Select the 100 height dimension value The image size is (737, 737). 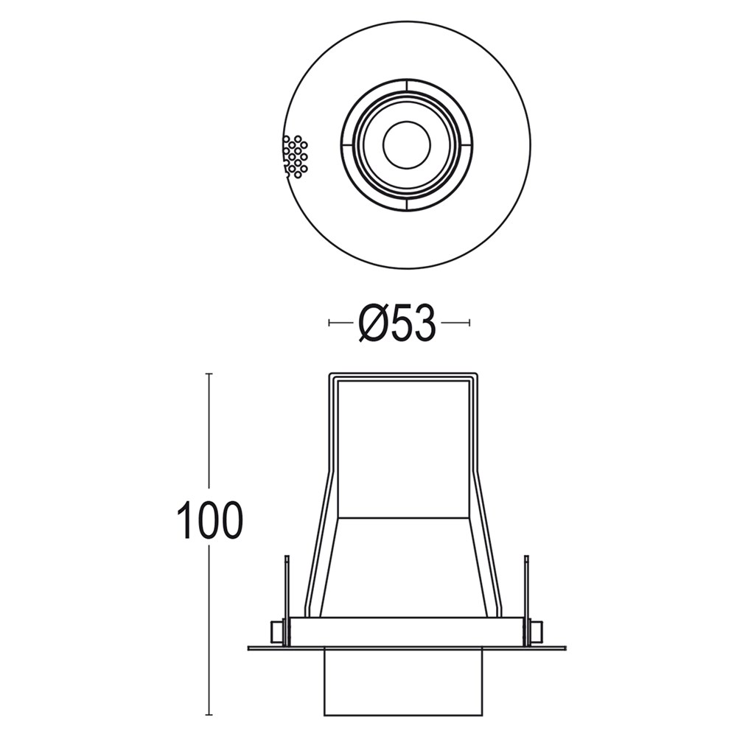209,521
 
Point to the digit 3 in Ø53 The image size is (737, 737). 425,324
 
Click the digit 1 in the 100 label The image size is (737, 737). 184,521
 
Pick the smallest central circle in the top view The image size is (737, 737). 406,144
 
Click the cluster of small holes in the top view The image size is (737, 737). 296,156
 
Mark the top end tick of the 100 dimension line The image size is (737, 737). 209,374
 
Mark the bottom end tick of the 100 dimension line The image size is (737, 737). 209,715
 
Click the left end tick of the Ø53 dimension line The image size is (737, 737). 329,323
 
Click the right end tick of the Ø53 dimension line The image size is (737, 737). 469,323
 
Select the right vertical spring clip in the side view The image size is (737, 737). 526,590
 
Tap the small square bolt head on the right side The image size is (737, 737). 537,632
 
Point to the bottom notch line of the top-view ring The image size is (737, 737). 406,206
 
